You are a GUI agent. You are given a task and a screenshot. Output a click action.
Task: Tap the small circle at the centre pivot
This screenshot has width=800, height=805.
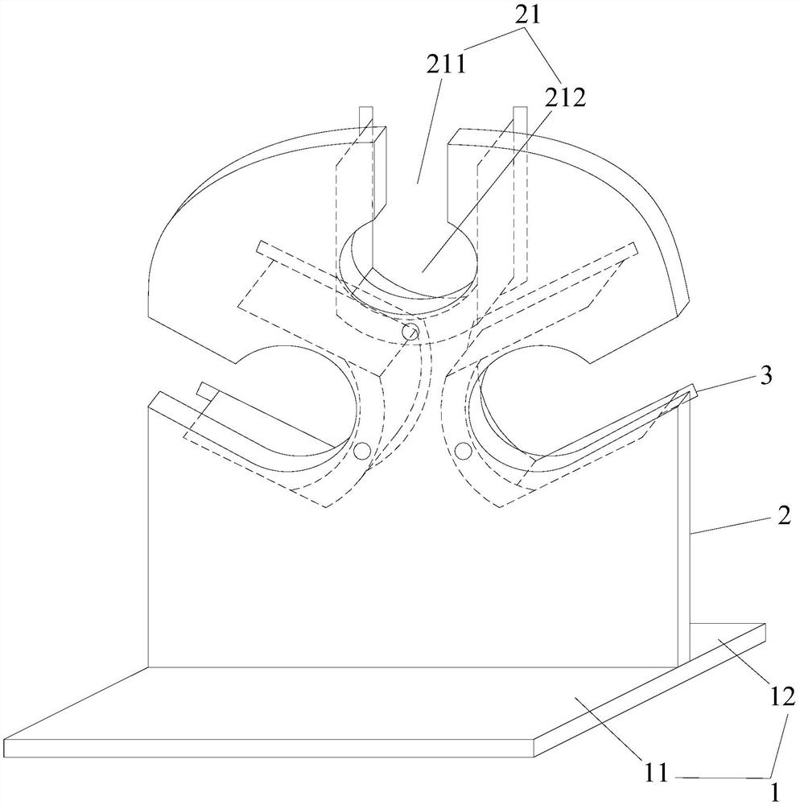(410, 331)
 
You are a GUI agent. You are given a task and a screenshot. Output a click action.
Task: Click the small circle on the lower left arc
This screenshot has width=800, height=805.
(361, 451)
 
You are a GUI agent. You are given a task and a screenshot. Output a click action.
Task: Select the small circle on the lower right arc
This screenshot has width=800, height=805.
(462, 451)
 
